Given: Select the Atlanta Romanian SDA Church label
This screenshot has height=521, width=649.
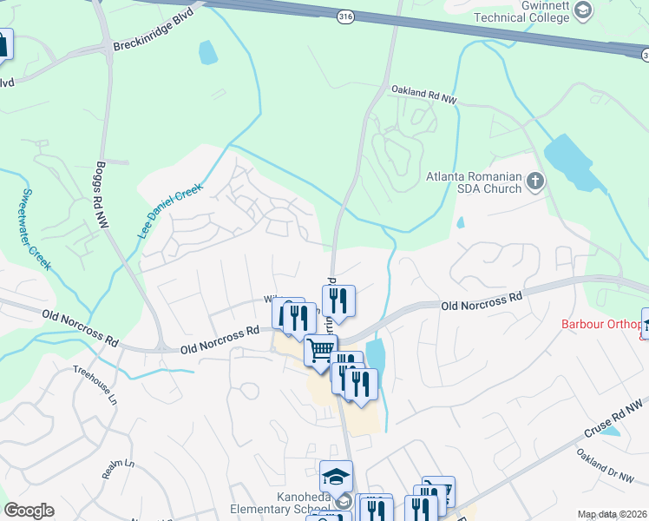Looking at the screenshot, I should tap(474, 183).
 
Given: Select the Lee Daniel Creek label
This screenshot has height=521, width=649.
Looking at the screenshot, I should tap(170, 211).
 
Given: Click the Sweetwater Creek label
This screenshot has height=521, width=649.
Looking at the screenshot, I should tap(36, 227).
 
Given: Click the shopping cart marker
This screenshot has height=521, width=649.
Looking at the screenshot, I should tap(320, 350).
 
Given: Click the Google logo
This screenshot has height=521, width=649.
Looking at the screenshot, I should tap(29, 511).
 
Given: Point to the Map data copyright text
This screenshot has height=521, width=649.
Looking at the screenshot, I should tap(613, 514).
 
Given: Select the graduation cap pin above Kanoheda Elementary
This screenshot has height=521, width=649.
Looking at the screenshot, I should tap(336, 477).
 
